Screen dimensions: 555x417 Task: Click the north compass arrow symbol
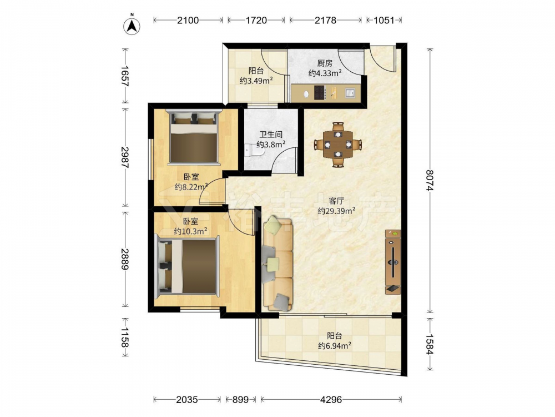tap(132, 26)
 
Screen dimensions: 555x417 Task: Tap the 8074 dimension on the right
tap(430, 181)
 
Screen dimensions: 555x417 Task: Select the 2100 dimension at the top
tap(188, 20)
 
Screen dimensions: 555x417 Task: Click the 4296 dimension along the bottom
tap(331, 400)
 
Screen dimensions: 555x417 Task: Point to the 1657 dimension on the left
tap(124, 76)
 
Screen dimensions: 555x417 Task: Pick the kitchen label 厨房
tap(325, 63)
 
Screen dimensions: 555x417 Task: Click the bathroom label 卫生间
tap(271, 135)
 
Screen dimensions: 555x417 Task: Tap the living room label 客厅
tap(336, 201)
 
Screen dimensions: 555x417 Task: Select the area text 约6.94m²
tap(335, 345)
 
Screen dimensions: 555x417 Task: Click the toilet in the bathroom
tap(255, 151)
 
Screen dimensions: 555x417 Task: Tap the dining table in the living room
tap(338, 145)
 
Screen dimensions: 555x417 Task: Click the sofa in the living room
tap(278, 265)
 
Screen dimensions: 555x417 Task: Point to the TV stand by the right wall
tap(393, 262)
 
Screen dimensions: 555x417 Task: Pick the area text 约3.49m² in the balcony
tap(256, 81)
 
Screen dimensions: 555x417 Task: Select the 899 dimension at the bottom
tap(240, 400)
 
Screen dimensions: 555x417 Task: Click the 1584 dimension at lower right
tap(430, 344)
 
